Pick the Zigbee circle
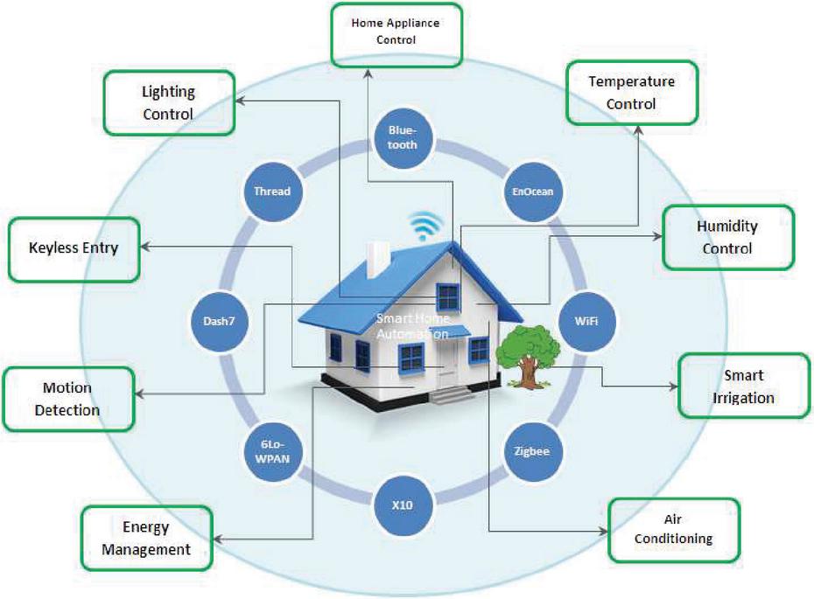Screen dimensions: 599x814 533,451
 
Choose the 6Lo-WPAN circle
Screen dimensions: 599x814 271,451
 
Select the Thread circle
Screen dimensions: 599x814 272,191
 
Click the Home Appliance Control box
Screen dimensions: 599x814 396,32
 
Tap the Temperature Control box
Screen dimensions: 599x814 632,92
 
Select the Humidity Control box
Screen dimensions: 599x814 727,237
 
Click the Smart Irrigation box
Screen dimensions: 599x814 743,386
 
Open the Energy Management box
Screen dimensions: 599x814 146,538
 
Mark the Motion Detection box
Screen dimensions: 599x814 68,399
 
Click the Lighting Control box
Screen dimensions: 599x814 169,103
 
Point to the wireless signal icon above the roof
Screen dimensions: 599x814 427,226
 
